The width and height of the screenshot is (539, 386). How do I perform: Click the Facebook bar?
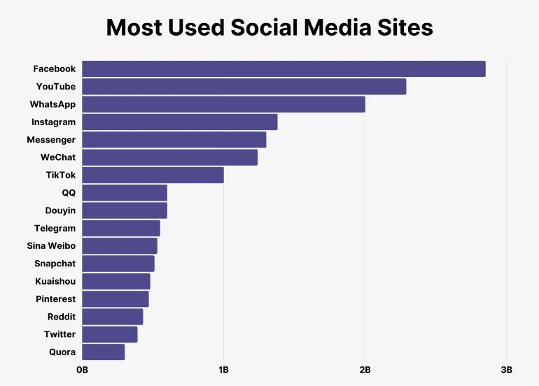[x=283, y=69]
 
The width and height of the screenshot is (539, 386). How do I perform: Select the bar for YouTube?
[x=244, y=87]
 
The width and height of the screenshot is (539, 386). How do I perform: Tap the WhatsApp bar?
[x=223, y=104]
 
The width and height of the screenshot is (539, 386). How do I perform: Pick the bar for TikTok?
[x=153, y=175]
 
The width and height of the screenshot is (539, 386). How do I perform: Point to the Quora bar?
[x=103, y=352]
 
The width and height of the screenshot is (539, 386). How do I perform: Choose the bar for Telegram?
[x=120, y=228]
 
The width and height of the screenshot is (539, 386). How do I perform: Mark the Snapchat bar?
[x=118, y=264]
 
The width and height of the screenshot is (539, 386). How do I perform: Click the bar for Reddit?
[x=112, y=317]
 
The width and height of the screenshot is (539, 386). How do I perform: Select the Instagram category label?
[x=53, y=122]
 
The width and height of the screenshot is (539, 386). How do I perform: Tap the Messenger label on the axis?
[x=51, y=140]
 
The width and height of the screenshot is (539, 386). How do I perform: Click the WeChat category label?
[x=58, y=157]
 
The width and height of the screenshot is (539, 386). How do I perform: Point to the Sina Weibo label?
[x=51, y=246]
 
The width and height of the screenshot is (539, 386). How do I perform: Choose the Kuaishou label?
[x=55, y=281]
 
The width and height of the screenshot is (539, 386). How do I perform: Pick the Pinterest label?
[x=55, y=299]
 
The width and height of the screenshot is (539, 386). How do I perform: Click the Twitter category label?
[x=59, y=334]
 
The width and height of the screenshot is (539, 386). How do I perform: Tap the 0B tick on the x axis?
[x=82, y=369]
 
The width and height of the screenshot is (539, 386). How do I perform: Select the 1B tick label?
[x=223, y=369]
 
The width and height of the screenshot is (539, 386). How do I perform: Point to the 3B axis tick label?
[x=506, y=369]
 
